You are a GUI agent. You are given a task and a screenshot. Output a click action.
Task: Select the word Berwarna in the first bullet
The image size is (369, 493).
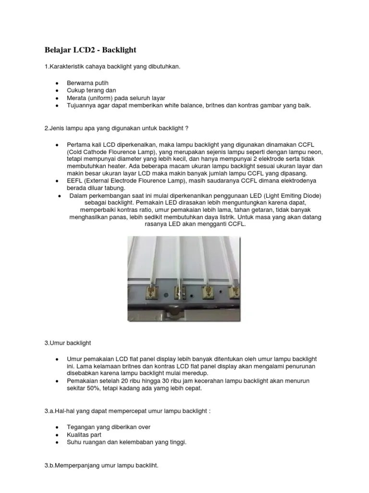[x=79, y=83]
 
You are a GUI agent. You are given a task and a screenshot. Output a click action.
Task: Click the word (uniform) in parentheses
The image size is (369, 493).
[x=100, y=98]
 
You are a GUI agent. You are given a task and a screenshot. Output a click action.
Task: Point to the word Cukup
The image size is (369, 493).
[x=75, y=91]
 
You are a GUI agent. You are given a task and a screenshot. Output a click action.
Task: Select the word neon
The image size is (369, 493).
[x=313, y=152]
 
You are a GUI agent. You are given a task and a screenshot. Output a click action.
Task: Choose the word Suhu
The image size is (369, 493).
[x=74, y=441]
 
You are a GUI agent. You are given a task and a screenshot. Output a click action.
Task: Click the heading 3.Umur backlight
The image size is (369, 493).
[x=67, y=343]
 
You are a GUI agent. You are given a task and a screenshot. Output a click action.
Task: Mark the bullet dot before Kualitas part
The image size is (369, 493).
[x=57, y=435]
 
